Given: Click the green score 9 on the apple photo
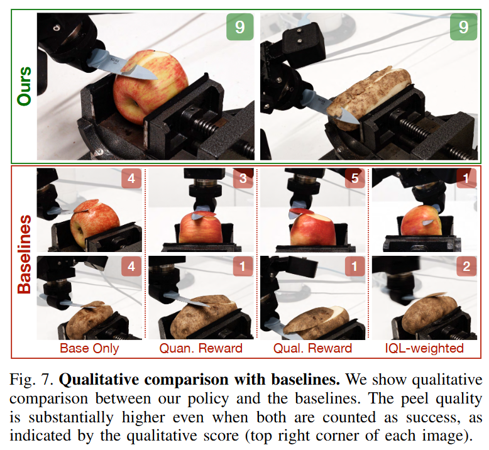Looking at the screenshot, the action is coord(240,27).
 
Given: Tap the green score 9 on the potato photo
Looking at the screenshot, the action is coord(463,27).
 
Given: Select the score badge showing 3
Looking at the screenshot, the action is coord(243,178).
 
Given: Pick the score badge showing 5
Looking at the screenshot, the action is coord(355,178).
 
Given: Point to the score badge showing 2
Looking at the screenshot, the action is coord(466,266).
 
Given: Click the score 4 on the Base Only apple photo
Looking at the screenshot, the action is coord(131,178).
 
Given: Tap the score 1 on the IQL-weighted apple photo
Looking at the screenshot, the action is coord(466,178).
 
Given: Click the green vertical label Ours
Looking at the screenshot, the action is coord(25,86).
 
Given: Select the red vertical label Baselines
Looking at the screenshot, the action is coord(25,255).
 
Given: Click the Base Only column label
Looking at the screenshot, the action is coord(89,348).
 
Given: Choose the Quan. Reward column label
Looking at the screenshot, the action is coord(201,348).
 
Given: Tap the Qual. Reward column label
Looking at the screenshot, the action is coord(312,348).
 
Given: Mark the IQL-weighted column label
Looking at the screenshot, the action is coord(424,348).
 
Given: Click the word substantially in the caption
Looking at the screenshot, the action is coord(71,418).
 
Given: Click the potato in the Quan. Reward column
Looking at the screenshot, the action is coord(204,317).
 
